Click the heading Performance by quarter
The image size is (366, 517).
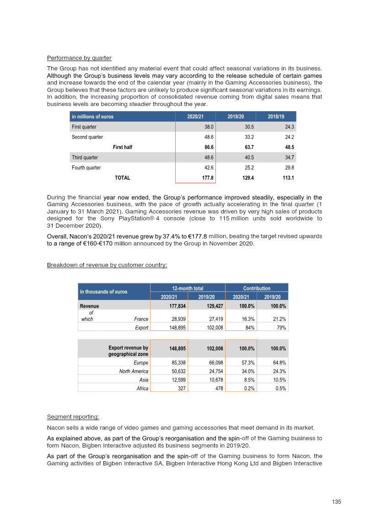tap(79, 58)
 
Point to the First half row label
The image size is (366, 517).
tap(123, 147)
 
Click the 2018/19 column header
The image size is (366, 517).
tap(275, 117)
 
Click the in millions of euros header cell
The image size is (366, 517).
tap(93, 117)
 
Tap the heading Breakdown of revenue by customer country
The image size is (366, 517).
tap(107, 266)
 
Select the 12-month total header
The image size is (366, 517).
tap(188, 288)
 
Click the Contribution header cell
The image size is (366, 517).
tap(257, 288)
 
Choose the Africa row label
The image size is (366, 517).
tap(142, 389)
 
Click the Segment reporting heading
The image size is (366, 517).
tap(73, 417)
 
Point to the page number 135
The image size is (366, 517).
tap(336, 502)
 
